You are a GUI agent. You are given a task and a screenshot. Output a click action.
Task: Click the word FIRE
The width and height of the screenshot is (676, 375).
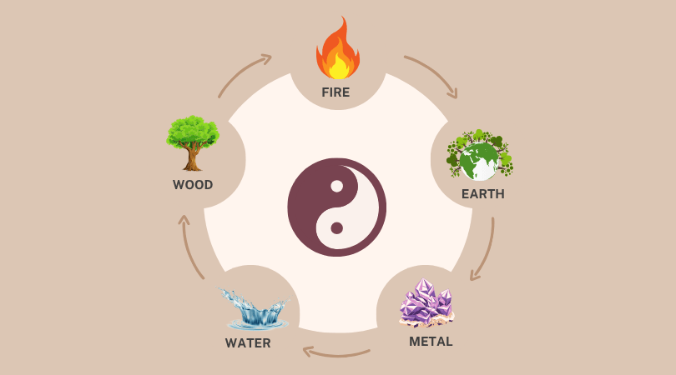[337, 92]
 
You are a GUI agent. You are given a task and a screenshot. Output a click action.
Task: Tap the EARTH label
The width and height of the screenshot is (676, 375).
[482, 194]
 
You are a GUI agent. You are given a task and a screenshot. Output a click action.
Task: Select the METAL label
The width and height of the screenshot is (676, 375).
[431, 342]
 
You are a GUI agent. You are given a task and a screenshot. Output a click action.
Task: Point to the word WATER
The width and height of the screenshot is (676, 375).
[248, 343]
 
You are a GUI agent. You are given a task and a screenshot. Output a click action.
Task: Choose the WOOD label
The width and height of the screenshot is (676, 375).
[193, 185]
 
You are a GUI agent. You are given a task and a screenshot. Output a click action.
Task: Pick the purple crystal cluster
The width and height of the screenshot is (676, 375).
[426, 302]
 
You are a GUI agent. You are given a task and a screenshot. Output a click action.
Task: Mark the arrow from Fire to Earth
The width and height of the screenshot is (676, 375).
[432, 75]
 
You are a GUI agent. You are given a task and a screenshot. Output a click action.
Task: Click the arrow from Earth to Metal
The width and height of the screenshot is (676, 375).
[484, 250]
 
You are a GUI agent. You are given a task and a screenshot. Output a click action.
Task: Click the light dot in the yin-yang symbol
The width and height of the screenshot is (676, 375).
[336, 186]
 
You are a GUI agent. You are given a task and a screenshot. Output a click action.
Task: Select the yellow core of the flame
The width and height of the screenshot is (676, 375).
[338, 66]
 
